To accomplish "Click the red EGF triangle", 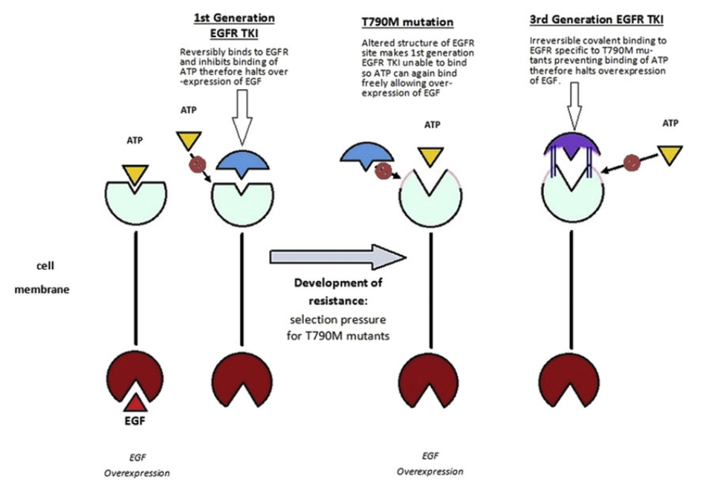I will [x=135, y=403].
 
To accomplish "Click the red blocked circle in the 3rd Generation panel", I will [x=633, y=163].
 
